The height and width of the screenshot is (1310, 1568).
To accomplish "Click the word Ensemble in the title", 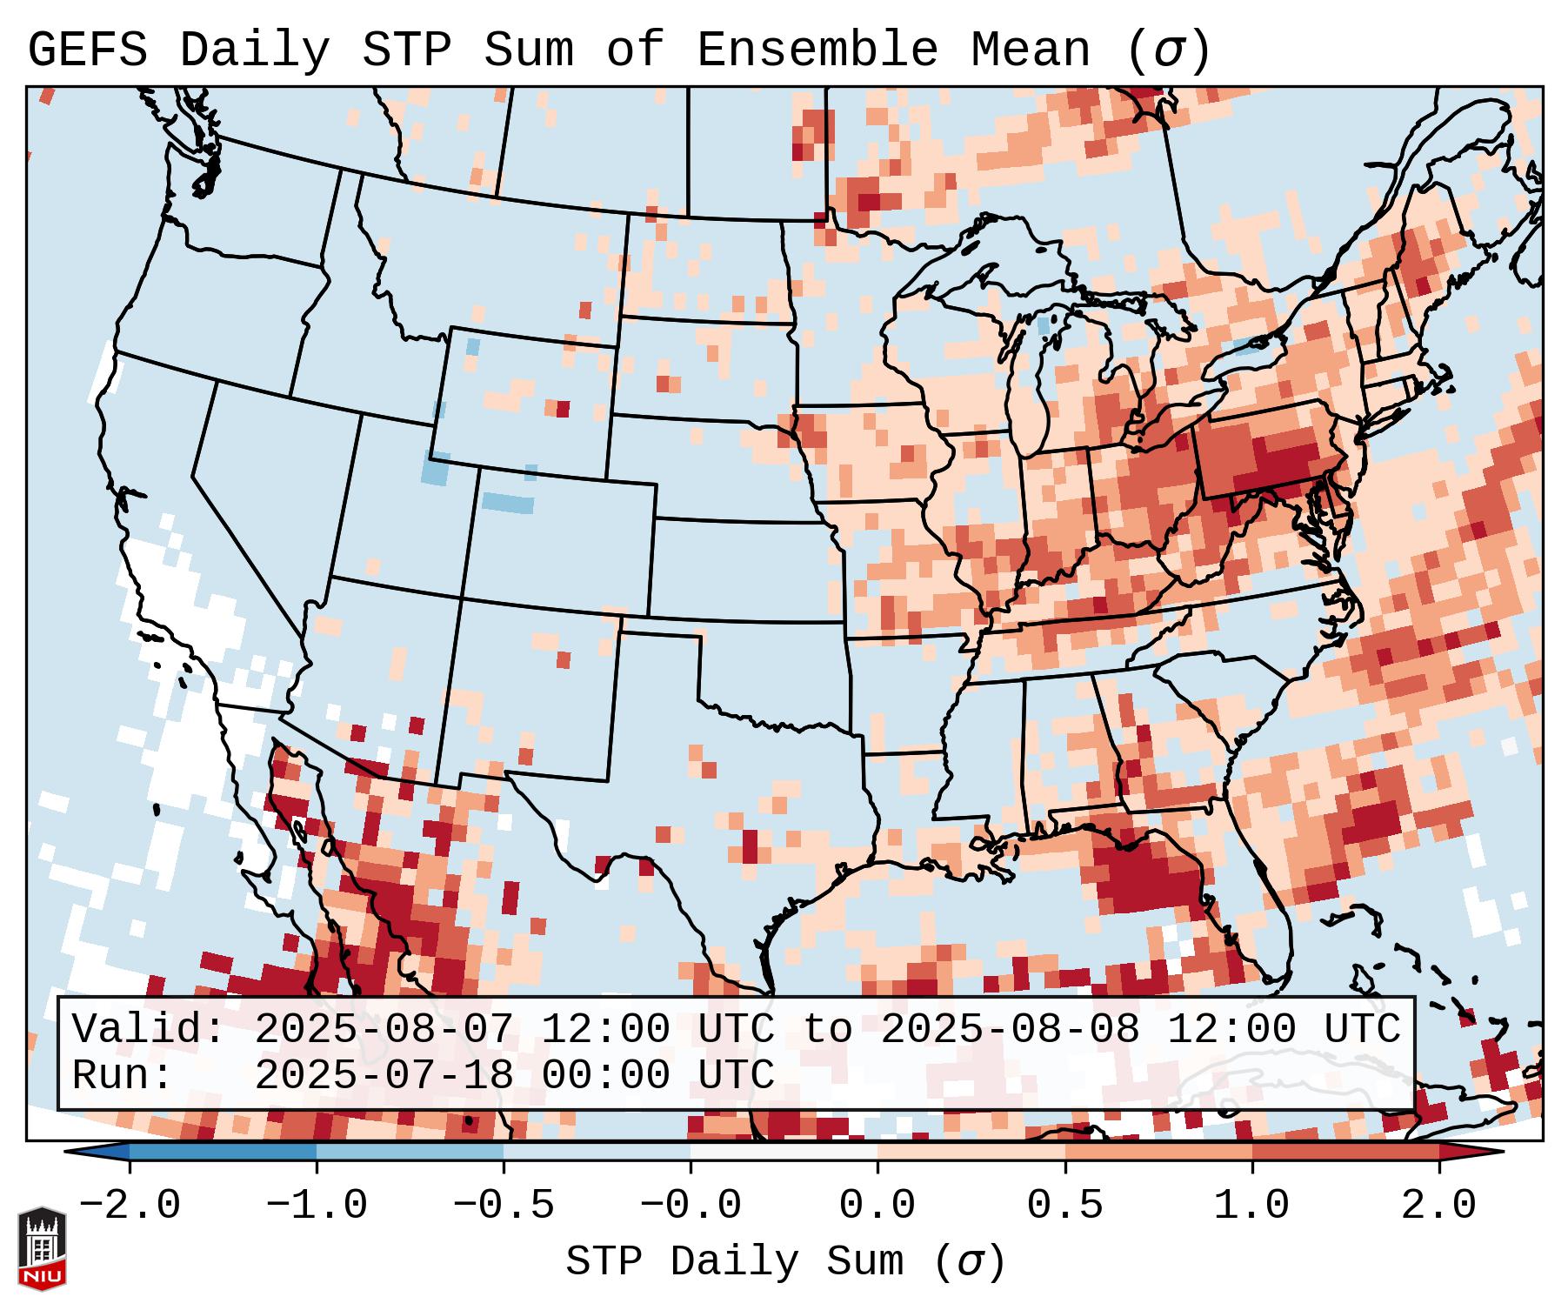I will coord(817,50).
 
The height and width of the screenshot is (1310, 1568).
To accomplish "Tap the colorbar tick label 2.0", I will coord(1438,1206).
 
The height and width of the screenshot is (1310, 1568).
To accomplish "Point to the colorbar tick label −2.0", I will coord(129,1206).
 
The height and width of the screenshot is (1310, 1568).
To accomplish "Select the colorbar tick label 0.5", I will coord(1064,1206).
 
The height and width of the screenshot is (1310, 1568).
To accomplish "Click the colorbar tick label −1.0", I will coord(316,1206).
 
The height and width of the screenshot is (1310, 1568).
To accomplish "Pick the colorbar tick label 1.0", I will coord(1251,1206).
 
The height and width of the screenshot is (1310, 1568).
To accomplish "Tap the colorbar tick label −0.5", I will coord(503,1206).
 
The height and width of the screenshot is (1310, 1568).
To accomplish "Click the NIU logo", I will coord(42,1248).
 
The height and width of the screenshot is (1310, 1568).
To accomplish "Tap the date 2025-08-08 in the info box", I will coord(1010,1030).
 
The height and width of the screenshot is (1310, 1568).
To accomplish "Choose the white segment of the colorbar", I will coord(784,1152).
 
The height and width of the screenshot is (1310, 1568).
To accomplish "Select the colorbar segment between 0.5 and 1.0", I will coord(1158,1152).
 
